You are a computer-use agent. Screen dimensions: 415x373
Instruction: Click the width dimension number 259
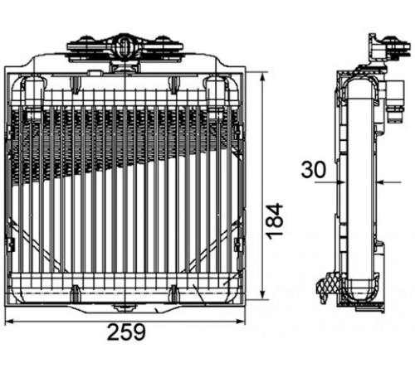tap(126, 332)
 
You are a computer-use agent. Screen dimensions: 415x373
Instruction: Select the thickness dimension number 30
tap(314, 170)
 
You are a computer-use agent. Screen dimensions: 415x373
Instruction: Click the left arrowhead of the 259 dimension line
tap(10, 322)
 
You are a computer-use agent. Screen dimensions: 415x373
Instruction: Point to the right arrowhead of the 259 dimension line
tap(241, 322)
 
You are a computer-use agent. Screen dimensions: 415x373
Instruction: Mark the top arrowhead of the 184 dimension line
tap(262, 76)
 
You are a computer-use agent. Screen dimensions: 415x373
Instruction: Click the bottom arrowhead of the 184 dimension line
tap(262, 295)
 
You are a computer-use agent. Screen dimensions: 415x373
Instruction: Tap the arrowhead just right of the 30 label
tap(340, 182)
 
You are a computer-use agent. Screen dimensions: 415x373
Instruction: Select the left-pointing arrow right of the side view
tap(389, 182)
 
